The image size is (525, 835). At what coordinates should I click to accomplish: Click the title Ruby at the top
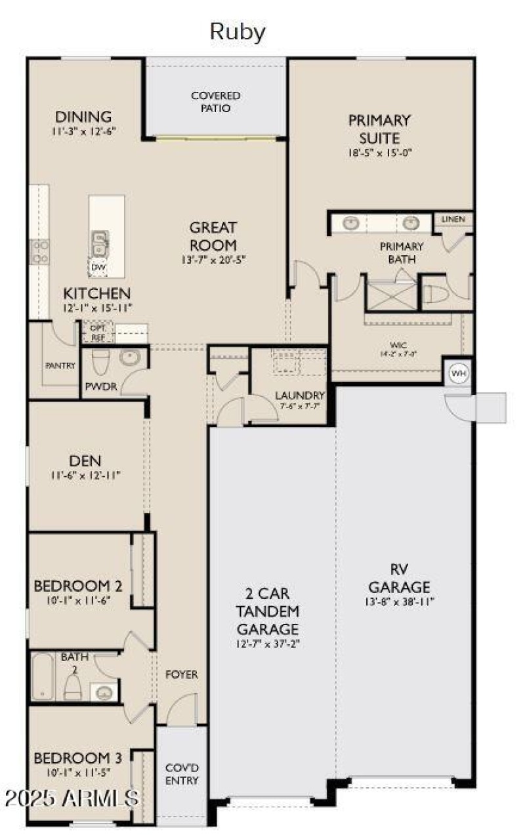point(238,31)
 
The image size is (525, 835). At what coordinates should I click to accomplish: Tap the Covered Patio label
point(215,102)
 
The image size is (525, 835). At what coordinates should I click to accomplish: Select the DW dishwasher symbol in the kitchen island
point(98,267)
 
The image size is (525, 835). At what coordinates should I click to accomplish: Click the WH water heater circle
point(458,373)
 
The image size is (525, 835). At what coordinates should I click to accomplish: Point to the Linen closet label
point(453,219)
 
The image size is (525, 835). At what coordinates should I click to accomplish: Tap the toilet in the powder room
point(100,362)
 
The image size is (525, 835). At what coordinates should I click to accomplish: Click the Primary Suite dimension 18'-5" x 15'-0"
point(380,153)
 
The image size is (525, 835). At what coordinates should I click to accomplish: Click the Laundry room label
point(299,396)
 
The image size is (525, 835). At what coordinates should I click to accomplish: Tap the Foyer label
point(182,674)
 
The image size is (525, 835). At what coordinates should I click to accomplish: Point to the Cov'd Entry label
point(181,774)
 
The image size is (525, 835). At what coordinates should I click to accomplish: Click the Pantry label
point(60,365)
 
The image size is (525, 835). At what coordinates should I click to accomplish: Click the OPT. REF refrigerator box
point(98,333)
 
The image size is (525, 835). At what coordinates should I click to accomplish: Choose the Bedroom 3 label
point(77,758)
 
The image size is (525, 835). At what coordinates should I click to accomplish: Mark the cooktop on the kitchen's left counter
point(39,251)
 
